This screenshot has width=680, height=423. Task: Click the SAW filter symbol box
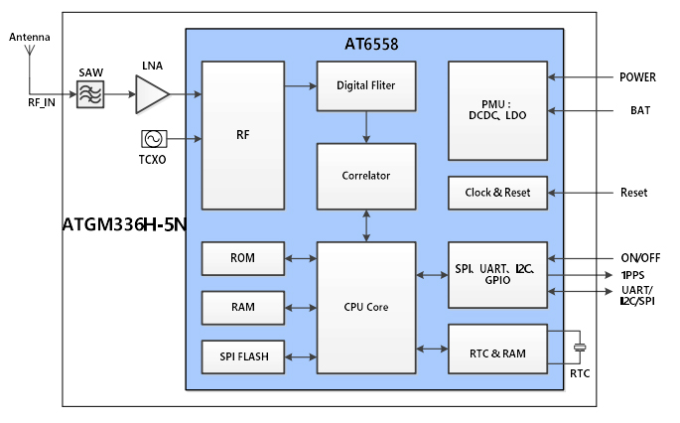pos(89,95)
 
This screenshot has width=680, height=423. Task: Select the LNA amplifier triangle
pos(151,95)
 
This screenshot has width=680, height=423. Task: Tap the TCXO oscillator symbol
pos(154,139)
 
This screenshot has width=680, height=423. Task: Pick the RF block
pos(243,135)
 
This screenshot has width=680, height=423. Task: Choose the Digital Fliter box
pos(366,85)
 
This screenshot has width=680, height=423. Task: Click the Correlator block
pos(366,176)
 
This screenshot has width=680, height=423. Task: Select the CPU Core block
pos(366,307)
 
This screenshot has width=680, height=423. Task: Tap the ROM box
pos(242,258)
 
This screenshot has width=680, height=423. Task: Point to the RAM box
pos(242,307)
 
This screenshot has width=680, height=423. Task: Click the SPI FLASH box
pos(242,354)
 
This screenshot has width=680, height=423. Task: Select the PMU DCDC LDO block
pos(497,110)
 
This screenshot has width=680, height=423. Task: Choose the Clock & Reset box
pos(497,193)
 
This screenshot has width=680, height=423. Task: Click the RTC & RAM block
pos(497,349)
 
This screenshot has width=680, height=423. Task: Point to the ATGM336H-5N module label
pos(124,225)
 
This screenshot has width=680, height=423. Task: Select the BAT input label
pos(639,110)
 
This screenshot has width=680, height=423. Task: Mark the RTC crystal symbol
pos(581,347)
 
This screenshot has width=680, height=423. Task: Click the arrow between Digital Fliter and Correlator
pos(366,126)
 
